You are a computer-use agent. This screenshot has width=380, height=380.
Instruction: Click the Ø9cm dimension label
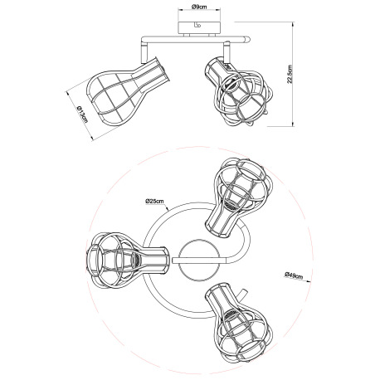pos(199,7)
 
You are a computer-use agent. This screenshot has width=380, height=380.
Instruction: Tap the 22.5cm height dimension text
pos(290,74)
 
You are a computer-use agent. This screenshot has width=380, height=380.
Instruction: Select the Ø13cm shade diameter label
pos(81,114)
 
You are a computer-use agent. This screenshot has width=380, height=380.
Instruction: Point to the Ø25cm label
pos(154,201)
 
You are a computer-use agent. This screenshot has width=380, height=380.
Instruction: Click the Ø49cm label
pos(294,275)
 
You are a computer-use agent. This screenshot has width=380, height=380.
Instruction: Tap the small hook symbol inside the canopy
pos(197,26)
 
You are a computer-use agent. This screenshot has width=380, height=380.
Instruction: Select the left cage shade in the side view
pos(127,91)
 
